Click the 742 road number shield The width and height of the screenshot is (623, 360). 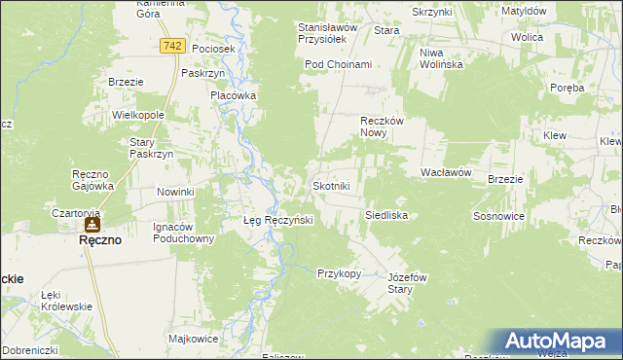[172, 47]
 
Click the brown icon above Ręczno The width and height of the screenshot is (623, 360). [92, 225]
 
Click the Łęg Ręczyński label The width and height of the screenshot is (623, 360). [277, 220]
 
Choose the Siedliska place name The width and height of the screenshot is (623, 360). [385, 214]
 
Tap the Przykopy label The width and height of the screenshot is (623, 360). [339, 273]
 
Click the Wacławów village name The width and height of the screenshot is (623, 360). [446, 171]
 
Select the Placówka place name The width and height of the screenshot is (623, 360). [234, 95]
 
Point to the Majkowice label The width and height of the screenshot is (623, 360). [192, 339]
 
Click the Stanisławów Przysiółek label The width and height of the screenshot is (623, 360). [328, 34]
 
